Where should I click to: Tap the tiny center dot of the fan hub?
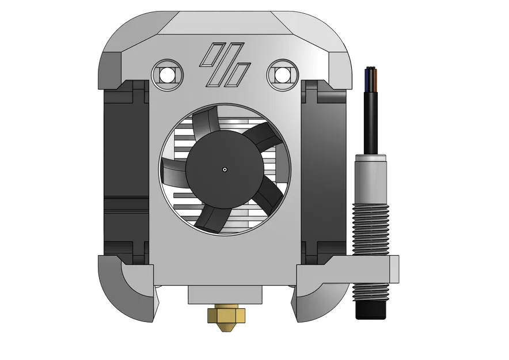[x=225, y=169]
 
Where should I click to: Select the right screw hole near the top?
[x=283, y=74]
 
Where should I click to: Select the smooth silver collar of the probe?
[x=371, y=173]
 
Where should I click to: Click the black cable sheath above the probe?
[x=371, y=115]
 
